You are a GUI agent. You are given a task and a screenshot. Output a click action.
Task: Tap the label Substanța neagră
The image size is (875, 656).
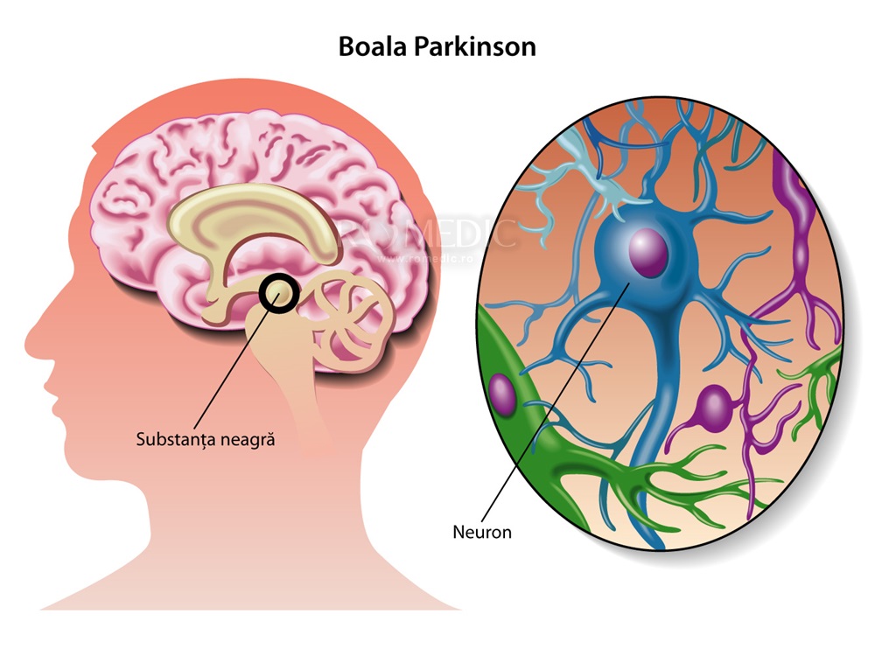tap(206, 438)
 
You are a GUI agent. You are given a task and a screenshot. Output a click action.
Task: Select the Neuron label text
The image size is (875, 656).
tap(482, 531)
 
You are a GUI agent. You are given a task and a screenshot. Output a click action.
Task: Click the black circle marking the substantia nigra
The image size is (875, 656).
tap(279, 294)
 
